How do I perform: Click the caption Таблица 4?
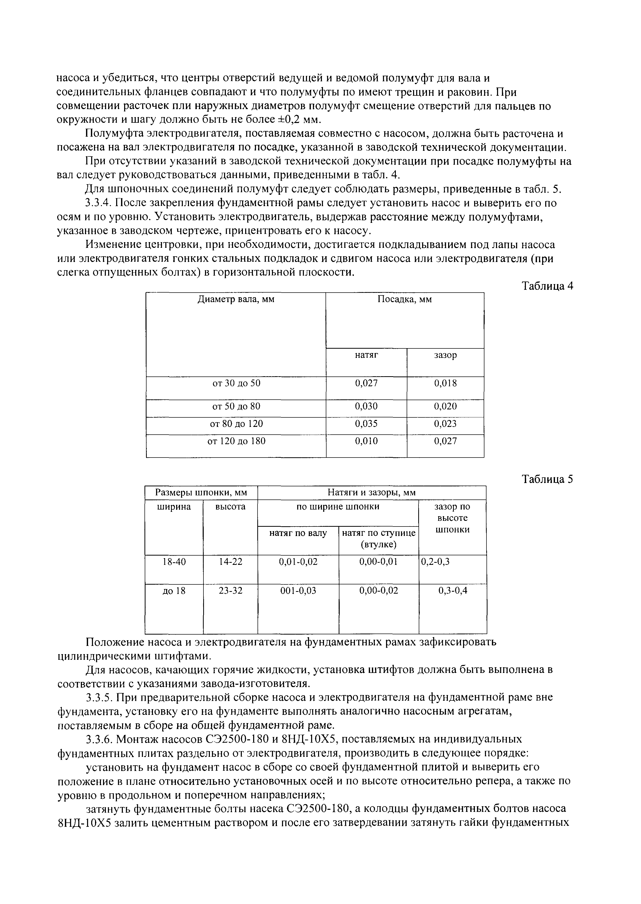tap(547, 286)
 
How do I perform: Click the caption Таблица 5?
tap(547, 479)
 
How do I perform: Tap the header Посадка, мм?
tap(405, 299)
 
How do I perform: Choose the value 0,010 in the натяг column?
tap(366, 441)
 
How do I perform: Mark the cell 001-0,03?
tap(298, 590)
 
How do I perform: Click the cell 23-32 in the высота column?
tap(230, 590)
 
